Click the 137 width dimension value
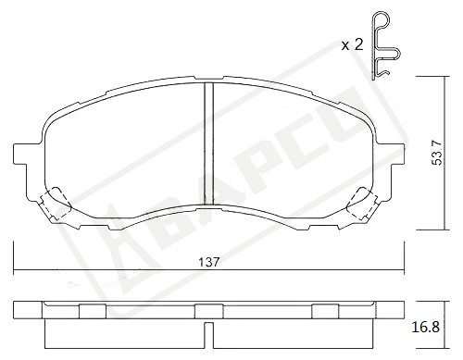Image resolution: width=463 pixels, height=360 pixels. pyautogui.click(x=209, y=263)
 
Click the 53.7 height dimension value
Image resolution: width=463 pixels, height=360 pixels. pyautogui.click(x=437, y=153)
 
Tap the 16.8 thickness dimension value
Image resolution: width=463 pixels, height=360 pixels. pyautogui.click(x=425, y=328)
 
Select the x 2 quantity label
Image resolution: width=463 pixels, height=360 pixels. pyautogui.click(x=352, y=45)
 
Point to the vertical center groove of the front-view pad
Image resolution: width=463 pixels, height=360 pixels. pyautogui.click(x=209, y=143)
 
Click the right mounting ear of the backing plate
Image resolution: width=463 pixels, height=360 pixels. pyautogui.click(x=390, y=155)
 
